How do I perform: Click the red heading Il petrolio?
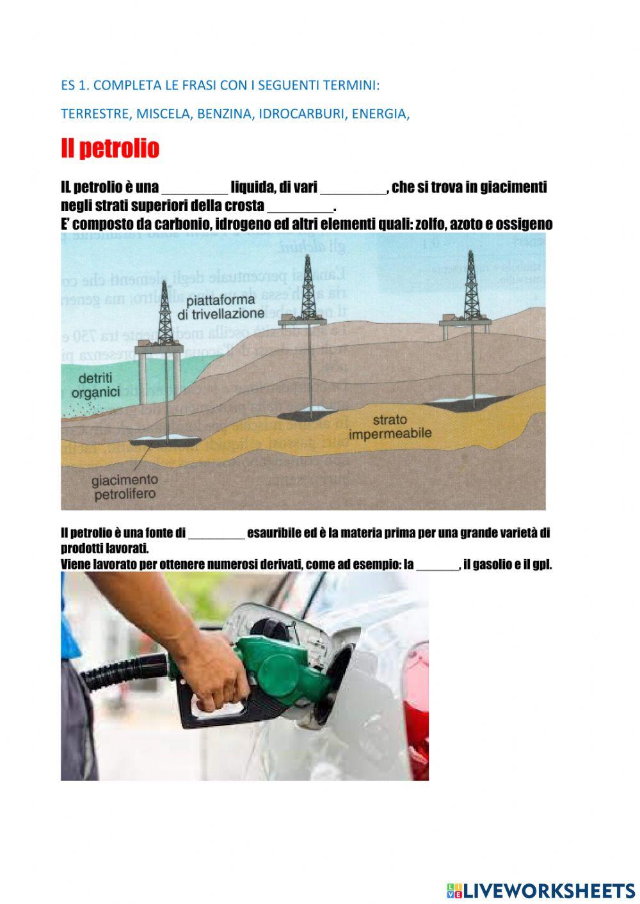pyautogui.click(x=109, y=149)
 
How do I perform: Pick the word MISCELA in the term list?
pyautogui.click(x=163, y=114)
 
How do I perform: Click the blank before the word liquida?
pyautogui.click(x=195, y=188)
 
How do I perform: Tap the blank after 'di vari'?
pyautogui.click(x=353, y=188)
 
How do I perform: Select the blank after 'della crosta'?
pyautogui.click(x=300, y=207)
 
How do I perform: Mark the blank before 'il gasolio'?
pyautogui.click(x=438, y=566)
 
